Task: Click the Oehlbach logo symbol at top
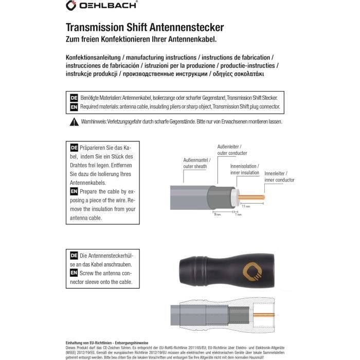tap(71, 5)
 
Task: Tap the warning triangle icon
tap(74, 122)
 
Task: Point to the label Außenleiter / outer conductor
tap(232, 149)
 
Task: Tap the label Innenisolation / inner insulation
tap(244, 170)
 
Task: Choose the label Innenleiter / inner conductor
tap(279, 177)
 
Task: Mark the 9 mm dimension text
tap(218, 214)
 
